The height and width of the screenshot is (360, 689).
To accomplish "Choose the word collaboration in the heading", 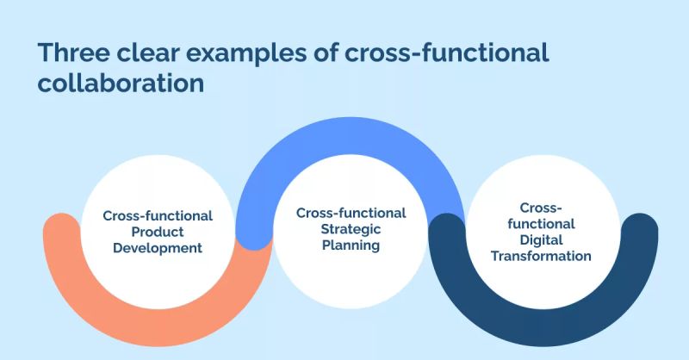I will (x=121, y=85).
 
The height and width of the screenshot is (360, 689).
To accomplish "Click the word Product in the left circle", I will (x=158, y=232).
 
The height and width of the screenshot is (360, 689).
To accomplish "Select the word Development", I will (x=158, y=248).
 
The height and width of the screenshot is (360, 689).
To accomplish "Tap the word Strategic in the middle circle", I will (x=351, y=229).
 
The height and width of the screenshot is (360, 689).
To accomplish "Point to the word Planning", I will (x=351, y=245).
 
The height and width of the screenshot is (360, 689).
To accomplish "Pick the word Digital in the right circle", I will (x=542, y=240).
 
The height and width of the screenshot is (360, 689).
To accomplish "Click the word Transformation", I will (x=542, y=256).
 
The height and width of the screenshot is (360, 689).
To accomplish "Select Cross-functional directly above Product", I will (x=158, y=215).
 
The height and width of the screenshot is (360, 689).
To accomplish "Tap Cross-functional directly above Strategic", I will (x=351, y=213).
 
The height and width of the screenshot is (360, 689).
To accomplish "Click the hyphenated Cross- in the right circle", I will (x=542, y=208).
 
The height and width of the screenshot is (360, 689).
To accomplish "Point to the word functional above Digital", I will (x=542, y=224).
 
